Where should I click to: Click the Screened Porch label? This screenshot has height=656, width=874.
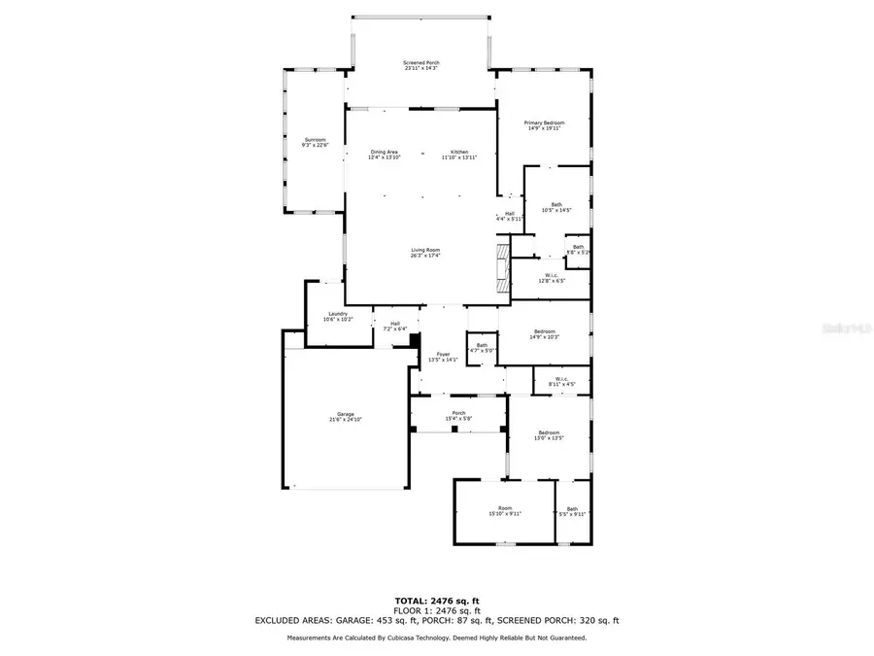pyautogui.click(x=420, y=65)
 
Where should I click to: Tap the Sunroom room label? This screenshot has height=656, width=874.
pyautogui.click(x=315, y=142)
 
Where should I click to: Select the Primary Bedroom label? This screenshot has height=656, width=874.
pyautogui.click(x=544, y=125)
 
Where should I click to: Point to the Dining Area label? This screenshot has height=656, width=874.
pyautogui.click(x=384, y=155)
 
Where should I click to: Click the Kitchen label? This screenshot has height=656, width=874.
pyautogui.click(x=458, y=155)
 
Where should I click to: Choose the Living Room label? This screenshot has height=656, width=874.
pyautogui.click(x=424, y=253)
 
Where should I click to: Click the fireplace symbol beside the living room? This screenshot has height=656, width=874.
pyautogui.click(x=502, y=268)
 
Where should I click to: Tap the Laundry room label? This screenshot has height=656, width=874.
pyautogui.click(x=338, y=316)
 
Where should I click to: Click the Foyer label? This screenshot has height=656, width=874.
pyautogui.click(x=443, y=357)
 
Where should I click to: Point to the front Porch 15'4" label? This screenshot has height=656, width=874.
pyautogui.click(x=458, y=415)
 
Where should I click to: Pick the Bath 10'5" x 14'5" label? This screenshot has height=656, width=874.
pyautogui.click(x=556, y=206)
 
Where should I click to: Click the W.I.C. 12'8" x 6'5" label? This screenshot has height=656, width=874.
pyautogui.click(x=551, y=278)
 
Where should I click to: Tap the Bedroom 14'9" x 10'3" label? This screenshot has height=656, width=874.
pyautogui.click(x=544, y=333)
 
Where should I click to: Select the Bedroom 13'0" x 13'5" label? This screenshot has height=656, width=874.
pyautogui.click(x=549, y=434)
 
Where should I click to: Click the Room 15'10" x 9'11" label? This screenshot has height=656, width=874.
pyautogui.click(x=504, y=510)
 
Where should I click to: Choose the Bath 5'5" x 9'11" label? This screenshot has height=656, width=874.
pyautogui.click(x=572, y=511)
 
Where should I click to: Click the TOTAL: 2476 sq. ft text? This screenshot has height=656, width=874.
pyautogui.click(x=436, y=600)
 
